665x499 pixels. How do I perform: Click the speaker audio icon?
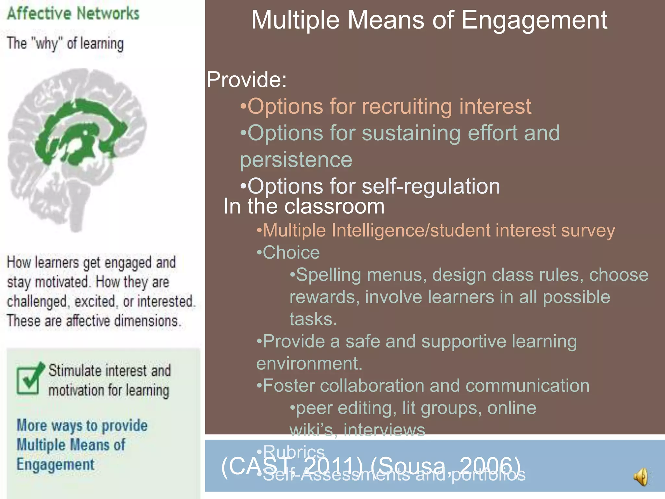click(641, 477)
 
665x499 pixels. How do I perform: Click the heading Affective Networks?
click(73, 14)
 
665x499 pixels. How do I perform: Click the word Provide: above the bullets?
click(247, 80)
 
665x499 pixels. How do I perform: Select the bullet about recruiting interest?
click(386, 106)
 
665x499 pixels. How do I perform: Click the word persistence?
click(296, 160)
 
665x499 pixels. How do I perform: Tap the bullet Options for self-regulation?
click(370, 186)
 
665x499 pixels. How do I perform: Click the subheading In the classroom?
click(304, 206)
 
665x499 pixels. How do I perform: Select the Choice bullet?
click(288, 252)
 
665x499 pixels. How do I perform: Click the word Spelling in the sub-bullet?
click(328, 275)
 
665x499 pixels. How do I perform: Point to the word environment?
click(309, 363)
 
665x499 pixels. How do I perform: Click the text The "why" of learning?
click(65, 43)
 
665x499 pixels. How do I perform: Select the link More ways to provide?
click(82, 425)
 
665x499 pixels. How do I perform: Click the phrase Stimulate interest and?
click(109, 371)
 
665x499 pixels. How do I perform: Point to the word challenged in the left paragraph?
click(37, 301)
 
